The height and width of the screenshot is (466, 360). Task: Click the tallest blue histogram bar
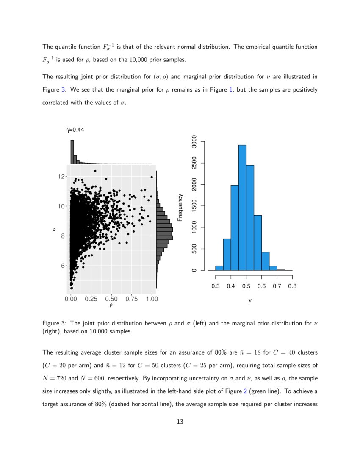242,208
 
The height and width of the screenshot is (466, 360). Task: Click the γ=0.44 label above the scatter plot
75,130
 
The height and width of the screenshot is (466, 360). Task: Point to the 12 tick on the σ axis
62,176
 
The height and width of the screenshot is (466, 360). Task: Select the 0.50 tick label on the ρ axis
111,299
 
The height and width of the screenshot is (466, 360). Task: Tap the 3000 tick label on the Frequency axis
194,141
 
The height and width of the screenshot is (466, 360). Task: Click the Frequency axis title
180,207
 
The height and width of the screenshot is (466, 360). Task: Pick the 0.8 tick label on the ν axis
292,286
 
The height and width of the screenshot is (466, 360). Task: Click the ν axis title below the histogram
250,300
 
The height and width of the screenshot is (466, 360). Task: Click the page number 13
180,422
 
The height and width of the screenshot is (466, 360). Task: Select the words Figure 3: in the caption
55,323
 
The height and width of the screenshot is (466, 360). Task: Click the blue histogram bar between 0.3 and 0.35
219,268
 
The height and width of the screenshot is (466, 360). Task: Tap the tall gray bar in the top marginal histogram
72,152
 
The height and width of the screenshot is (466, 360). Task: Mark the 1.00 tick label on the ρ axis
152,299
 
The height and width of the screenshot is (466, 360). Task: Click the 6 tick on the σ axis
62,266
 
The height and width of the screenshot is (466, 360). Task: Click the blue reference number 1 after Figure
230,90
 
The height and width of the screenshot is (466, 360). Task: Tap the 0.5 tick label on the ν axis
246,286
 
